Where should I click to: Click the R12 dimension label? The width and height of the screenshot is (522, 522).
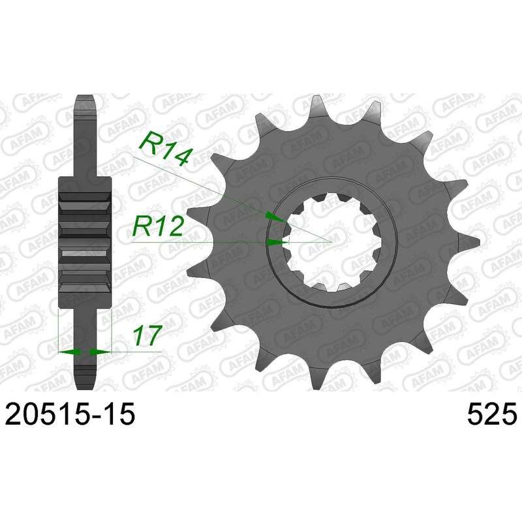(x=157, y=226)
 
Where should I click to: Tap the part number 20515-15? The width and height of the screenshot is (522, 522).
(x=70, y=413)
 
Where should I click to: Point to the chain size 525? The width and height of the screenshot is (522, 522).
(x=492, y=413)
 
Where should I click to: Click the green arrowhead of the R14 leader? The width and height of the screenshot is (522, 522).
(x=275, y=217)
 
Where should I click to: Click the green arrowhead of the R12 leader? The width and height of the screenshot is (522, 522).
(x=277, y=242)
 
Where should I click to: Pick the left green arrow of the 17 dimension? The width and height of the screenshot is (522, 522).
(x=69, y=351)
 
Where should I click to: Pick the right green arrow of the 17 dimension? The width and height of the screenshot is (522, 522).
(x=100, y=351)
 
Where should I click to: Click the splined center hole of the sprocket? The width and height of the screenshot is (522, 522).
(x=332, y=242)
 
